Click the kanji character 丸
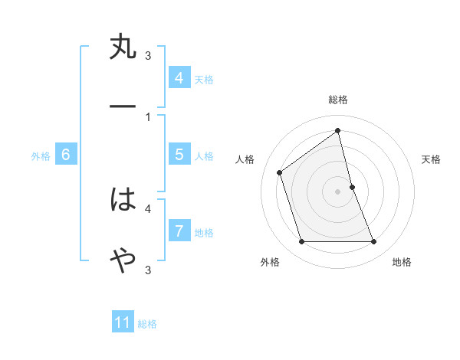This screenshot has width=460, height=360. [123, 47]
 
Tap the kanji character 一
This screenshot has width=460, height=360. [123, 107]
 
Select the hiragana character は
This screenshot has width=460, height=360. [123, 201]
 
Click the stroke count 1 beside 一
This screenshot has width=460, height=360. [148, 116]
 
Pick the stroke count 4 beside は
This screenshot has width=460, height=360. [148, 208]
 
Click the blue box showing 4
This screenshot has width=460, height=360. [179, 78]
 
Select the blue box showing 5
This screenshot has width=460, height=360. [179, 155]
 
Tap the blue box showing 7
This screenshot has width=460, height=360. [179, 231]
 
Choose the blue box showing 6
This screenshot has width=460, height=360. [65, 155]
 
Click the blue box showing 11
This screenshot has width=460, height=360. [123, 323]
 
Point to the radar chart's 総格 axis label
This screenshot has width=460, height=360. [338, 100]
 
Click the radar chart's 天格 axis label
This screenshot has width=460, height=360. [431, 159]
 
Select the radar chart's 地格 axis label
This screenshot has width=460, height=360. [402, 263]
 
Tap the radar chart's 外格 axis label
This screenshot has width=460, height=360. [270, 263]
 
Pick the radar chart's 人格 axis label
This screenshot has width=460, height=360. [245, 159]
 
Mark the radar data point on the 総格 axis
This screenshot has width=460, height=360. [338, 131]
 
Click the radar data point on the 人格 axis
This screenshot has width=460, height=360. [280, 172]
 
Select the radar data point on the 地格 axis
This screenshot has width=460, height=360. [374, 242]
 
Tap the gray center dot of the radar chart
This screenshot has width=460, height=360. [338, 191]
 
